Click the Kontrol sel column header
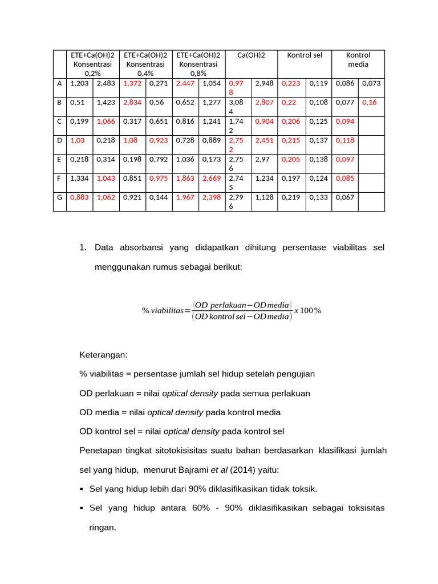point(305,55)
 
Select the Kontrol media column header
point(358,60)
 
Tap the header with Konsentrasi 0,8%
point(198,64)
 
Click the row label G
point(59,197)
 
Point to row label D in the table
point(59,140)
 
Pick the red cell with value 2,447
point(185,83)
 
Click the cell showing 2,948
point(264,83)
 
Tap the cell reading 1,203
point(79,83)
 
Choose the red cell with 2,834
point(132,103)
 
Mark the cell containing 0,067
point(344,197)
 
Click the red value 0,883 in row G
point(79,197)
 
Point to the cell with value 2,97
point(262,159)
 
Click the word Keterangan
point(103,355)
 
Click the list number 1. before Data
point(83,248)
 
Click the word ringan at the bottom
point(103,528)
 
